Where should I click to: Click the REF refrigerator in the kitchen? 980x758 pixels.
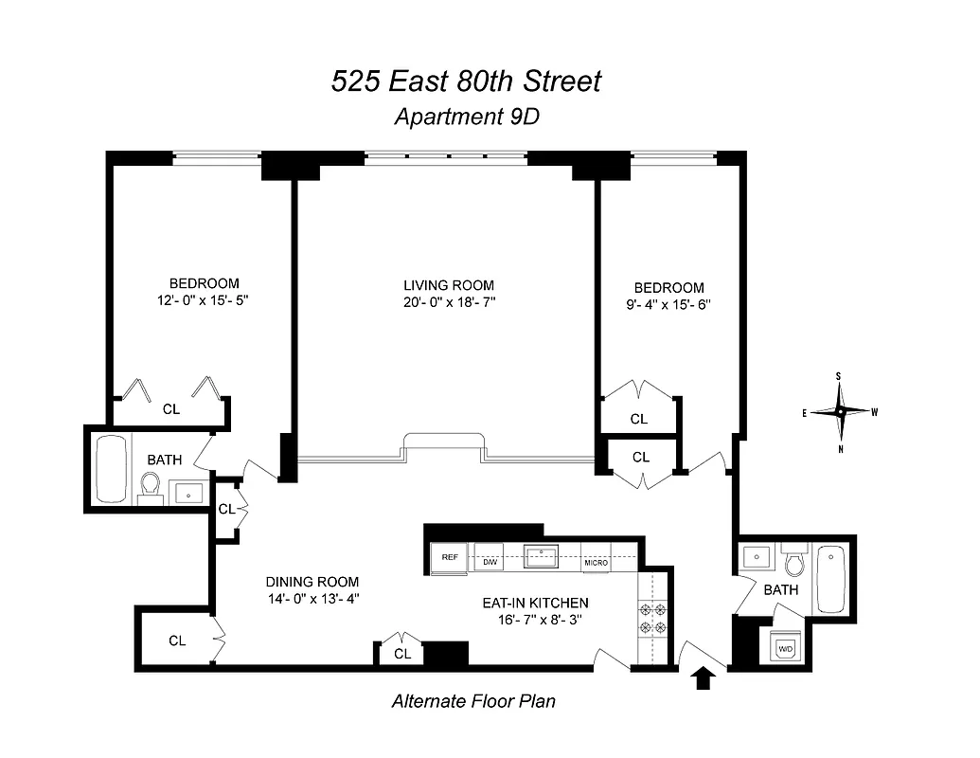pos(449,558)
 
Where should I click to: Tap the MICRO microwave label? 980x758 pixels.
pos(596,563)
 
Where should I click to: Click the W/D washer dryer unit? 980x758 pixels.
pos(785,649)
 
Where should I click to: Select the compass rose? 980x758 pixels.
pos(839,411)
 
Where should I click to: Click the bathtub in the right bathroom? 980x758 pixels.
pos(831,578)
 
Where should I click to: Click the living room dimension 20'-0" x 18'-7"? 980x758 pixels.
pos(449,302)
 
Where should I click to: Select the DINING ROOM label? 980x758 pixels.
pos(312,582)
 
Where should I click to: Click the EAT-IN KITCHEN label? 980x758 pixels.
pos(546,603)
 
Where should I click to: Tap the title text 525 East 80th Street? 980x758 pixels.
pos(466,82)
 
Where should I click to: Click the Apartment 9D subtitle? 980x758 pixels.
pos(465,117)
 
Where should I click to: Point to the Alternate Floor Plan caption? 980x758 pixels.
pos(473,702)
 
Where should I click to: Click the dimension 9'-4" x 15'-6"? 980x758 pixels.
pos(669,305)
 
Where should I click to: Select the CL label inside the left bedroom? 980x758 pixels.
pos(171,409)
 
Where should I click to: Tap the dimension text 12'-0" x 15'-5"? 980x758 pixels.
pos(204,300)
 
